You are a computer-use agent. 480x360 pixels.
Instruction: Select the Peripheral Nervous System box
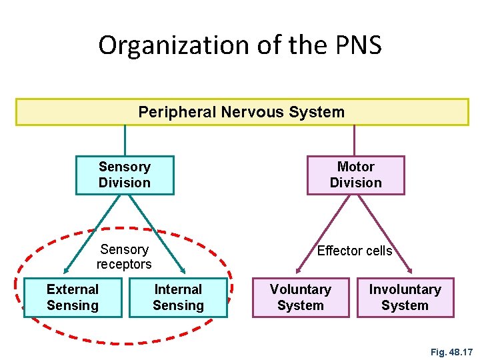[242, 112]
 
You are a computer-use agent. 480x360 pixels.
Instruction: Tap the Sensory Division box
[125, 175]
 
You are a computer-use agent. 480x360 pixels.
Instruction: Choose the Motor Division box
[355, 175]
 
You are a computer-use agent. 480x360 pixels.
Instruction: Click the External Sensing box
[73, 297]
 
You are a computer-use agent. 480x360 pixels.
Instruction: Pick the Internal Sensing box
[178, 297]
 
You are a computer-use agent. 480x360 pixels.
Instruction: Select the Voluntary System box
[300, 297]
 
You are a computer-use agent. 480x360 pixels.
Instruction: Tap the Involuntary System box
[405, 297]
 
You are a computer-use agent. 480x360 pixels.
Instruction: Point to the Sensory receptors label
[124, 257]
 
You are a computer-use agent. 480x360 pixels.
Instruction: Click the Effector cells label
[355, 251]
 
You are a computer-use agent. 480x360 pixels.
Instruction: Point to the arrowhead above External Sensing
[67, 270]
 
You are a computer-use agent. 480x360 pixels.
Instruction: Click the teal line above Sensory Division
[125, 141]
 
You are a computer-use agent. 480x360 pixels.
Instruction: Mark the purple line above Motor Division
[355, 141]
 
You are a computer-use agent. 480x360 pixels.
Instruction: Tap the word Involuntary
[405, 289]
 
